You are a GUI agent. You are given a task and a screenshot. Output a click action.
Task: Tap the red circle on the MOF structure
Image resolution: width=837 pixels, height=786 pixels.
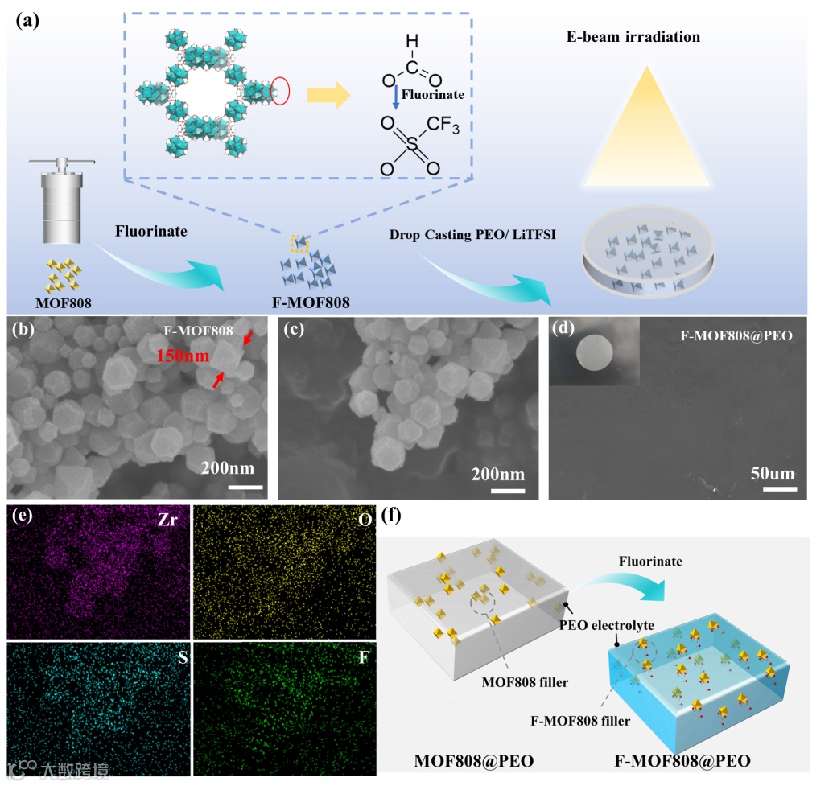281,91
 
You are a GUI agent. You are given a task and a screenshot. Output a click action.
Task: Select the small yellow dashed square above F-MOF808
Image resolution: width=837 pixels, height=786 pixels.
299,241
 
